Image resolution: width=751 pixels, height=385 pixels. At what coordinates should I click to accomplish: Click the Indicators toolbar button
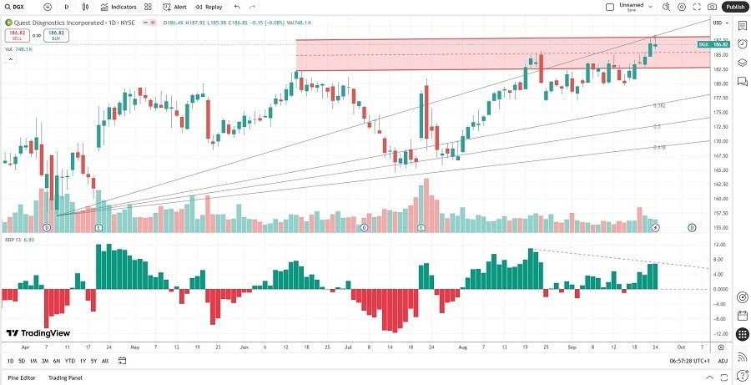pyautogui.click(x=118, y=7)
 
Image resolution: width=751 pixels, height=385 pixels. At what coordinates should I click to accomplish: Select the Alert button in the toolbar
pyautogui.click(x=174, y=7)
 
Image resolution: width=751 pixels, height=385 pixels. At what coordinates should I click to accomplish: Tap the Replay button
pyautogui.click(x=209, y=7)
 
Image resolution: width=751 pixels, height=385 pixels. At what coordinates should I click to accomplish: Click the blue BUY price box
pyautogui.click(x=57, y=36)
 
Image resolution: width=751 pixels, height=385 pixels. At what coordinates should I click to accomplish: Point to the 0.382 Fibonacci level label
pyautogui.click(x=658, y=106)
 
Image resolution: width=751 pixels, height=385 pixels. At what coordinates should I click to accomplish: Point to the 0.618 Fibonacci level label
pyautogui.click(x=658, y=147)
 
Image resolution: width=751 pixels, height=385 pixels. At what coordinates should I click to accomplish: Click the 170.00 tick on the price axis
pyautogui.click(x=718, y=141)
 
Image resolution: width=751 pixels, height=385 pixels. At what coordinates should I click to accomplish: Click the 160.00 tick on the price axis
pyautogui.click(x=718, y=199)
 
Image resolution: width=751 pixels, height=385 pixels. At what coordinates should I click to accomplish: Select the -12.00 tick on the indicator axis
pyautogui.click(x=718, y=334)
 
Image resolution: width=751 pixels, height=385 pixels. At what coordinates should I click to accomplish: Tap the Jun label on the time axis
pyautogui.click(x=244, y=346)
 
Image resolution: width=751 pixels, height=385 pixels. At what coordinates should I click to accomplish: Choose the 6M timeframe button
pyautogui.click(x=56, y=361)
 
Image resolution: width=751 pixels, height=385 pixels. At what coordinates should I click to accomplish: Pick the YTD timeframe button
pyautogui.click(x=70, y=361)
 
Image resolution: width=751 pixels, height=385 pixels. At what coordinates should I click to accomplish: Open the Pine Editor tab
pyautogui.click(x=22, y=378)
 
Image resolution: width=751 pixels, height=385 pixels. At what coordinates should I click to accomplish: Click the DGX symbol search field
pyautogui.click(x=23, y=7)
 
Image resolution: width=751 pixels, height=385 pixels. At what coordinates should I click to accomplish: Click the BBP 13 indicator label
pyautogui.click(x=13, y=240)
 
